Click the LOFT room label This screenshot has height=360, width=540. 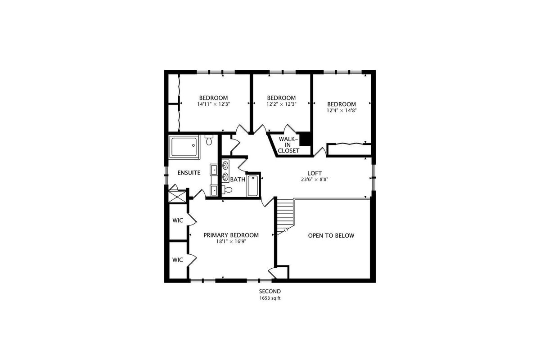click(315, 173)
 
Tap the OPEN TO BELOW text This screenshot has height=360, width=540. click(331, 236)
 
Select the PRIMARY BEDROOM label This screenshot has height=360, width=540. click(231, 235)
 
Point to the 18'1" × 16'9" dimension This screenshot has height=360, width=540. click(231, 241)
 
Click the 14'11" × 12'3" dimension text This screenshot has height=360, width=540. click(214, 104)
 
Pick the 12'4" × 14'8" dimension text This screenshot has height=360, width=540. click(342, 110)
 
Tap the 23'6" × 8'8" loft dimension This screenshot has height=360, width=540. click(315, 180)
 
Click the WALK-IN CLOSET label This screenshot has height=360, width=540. click(288, 145)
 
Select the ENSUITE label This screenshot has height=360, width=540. click(189, 173)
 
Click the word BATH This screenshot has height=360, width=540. click(238, 180)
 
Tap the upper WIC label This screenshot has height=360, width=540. click(178, 220)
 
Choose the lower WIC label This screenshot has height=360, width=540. click(178, 260)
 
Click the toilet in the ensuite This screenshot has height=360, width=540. click(209, 140)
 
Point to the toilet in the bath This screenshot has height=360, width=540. click(227, 190)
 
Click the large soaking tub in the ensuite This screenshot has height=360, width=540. click(184, 147)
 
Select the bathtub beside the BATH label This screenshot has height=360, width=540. click(252, 186)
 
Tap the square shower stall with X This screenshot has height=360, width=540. click(178, 197)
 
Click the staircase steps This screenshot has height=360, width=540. click(285, 216)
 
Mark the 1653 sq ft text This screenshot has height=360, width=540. click(270, 298)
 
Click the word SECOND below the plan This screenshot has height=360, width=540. click(270, 291)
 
